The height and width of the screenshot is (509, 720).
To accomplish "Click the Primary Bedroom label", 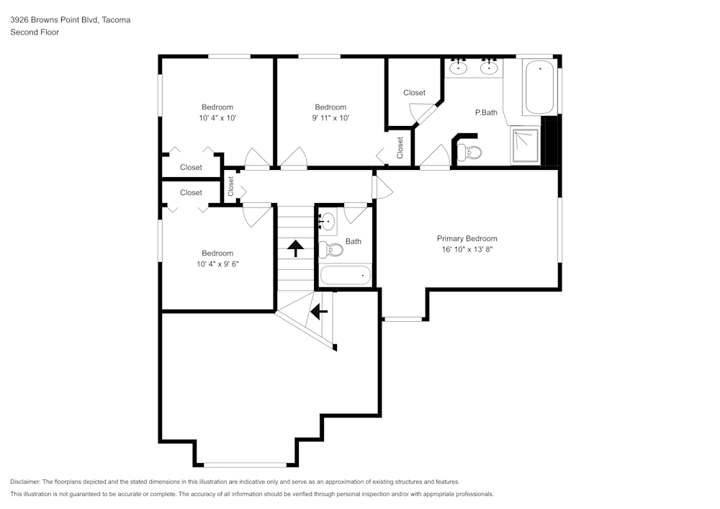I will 467,238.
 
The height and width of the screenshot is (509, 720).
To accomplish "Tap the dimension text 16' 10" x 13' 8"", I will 467,250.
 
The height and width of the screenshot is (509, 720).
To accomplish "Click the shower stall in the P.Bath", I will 526,146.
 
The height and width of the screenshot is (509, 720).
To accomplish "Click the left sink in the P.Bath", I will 459,68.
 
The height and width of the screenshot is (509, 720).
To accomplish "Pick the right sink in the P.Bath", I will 490,68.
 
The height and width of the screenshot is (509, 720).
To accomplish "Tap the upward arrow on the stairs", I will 295,248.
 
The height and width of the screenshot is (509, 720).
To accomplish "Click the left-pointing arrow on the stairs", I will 318,312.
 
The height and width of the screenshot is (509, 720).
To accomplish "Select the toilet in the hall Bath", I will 331,249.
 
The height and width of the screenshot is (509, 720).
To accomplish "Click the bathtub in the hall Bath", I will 345,275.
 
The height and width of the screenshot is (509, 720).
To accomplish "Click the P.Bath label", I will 486,112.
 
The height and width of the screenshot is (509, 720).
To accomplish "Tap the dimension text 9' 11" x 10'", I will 330,118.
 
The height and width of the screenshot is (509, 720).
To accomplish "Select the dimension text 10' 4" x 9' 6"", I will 217,263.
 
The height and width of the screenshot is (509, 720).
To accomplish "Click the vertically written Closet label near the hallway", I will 231,186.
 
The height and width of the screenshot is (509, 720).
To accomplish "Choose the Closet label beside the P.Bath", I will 414,92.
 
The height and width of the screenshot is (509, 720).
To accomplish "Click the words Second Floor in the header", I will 35,32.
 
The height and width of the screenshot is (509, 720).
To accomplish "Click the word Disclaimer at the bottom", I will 25,482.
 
